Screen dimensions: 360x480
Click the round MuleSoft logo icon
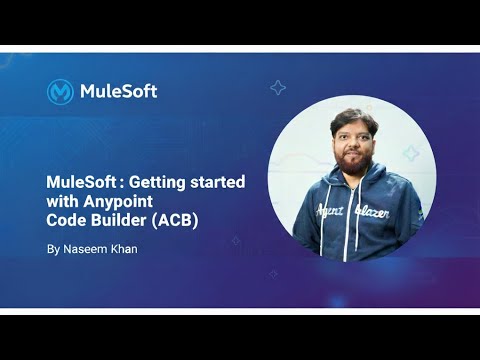point(60,91)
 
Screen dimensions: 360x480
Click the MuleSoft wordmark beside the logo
point(117,91)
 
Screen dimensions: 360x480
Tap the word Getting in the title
point(164,184)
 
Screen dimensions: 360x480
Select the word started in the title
point(219,184)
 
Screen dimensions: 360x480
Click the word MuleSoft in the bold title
point(82,184)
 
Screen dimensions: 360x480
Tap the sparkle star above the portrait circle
point(278,88)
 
